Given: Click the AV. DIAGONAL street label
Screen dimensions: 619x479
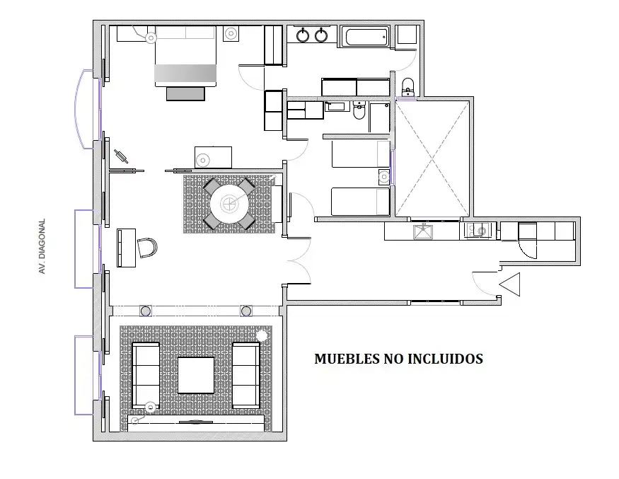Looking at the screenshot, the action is click(42, 246).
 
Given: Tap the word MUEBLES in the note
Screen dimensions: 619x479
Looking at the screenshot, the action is click(347, 359).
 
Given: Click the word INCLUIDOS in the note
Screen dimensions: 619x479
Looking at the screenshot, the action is click(445, 359).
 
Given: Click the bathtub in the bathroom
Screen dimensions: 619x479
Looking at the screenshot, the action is click(366, 37).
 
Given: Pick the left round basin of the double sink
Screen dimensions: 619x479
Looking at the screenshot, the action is click(303, 35).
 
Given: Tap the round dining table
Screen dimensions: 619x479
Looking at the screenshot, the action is click(229, 204).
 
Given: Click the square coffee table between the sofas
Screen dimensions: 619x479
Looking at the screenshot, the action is click(196, 375).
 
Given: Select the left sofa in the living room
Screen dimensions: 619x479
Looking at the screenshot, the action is click(145, 375).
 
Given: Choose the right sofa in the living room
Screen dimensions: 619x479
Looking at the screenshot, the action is click(246, 375).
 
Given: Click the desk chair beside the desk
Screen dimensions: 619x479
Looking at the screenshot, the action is click(147, 248).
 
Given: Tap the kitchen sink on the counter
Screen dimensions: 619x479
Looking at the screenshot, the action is click(423, 232).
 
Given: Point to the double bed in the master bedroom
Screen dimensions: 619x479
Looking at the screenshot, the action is click(185, 56).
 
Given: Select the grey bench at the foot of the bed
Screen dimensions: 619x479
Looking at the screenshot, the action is click(185, 93).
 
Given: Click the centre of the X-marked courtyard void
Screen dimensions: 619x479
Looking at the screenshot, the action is click(432, 158).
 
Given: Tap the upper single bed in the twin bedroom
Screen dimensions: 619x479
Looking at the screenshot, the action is click(361, 154).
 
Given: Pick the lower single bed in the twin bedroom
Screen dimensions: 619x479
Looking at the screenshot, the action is click(360, 202).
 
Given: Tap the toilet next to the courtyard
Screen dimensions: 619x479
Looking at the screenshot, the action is click(407, 86).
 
